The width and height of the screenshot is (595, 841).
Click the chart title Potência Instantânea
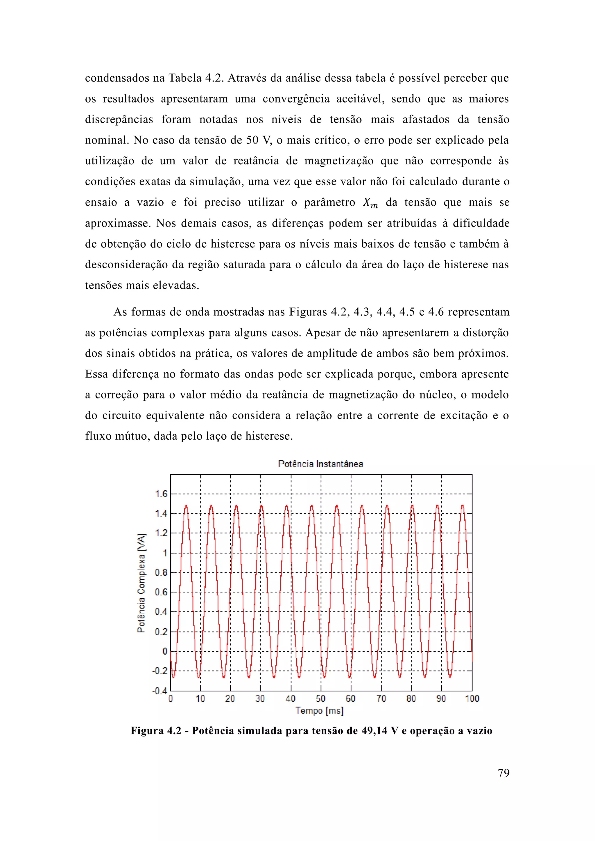pos(320,464)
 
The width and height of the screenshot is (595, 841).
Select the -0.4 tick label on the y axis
pos(160,691)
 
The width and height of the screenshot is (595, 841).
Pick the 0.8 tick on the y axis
pos(161,572)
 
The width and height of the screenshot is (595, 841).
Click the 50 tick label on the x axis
pos(320,699)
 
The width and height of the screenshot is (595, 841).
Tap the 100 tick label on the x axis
pos(472,699)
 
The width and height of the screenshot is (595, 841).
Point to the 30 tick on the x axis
pos(260,699)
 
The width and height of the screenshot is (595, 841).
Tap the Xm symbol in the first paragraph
pos(370,203)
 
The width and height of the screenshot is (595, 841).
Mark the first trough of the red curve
pos(173,677)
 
